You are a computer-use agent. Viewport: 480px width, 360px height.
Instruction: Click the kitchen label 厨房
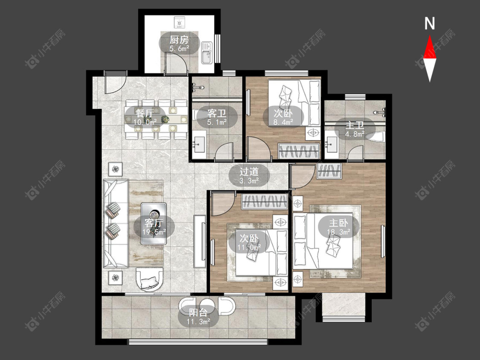pos(179,40)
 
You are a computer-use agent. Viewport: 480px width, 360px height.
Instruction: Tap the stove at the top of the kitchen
pos(179,23)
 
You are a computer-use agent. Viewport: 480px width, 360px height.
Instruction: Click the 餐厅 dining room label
pos(145,113)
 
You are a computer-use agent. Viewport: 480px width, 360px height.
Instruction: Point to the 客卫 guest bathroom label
pos(217,113)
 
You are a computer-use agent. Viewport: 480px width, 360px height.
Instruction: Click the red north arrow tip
pos(430,36)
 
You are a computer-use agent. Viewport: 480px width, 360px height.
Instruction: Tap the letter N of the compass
pos(430,23)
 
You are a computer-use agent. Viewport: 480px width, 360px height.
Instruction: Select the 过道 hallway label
pos(249,172)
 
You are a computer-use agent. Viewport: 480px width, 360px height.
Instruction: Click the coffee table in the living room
pos(154,224)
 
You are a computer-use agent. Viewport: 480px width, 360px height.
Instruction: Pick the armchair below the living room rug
pos(150,279)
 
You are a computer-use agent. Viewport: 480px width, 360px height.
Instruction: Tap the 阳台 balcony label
pos(198,313)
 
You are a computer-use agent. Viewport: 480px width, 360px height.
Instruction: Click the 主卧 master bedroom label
pos(339,223)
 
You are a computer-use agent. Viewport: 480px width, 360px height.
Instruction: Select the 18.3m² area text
pos(339,232)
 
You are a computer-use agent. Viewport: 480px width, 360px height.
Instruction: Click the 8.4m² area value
pos(283,122)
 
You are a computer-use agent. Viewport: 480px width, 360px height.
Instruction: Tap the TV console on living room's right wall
pos(200,242)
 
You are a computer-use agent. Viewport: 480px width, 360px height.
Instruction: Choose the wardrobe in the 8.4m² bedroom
pos(299,151)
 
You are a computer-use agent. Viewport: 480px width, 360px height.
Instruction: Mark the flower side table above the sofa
pos(115,168)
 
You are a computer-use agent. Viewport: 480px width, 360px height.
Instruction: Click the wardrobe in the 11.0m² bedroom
pos(265,201)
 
